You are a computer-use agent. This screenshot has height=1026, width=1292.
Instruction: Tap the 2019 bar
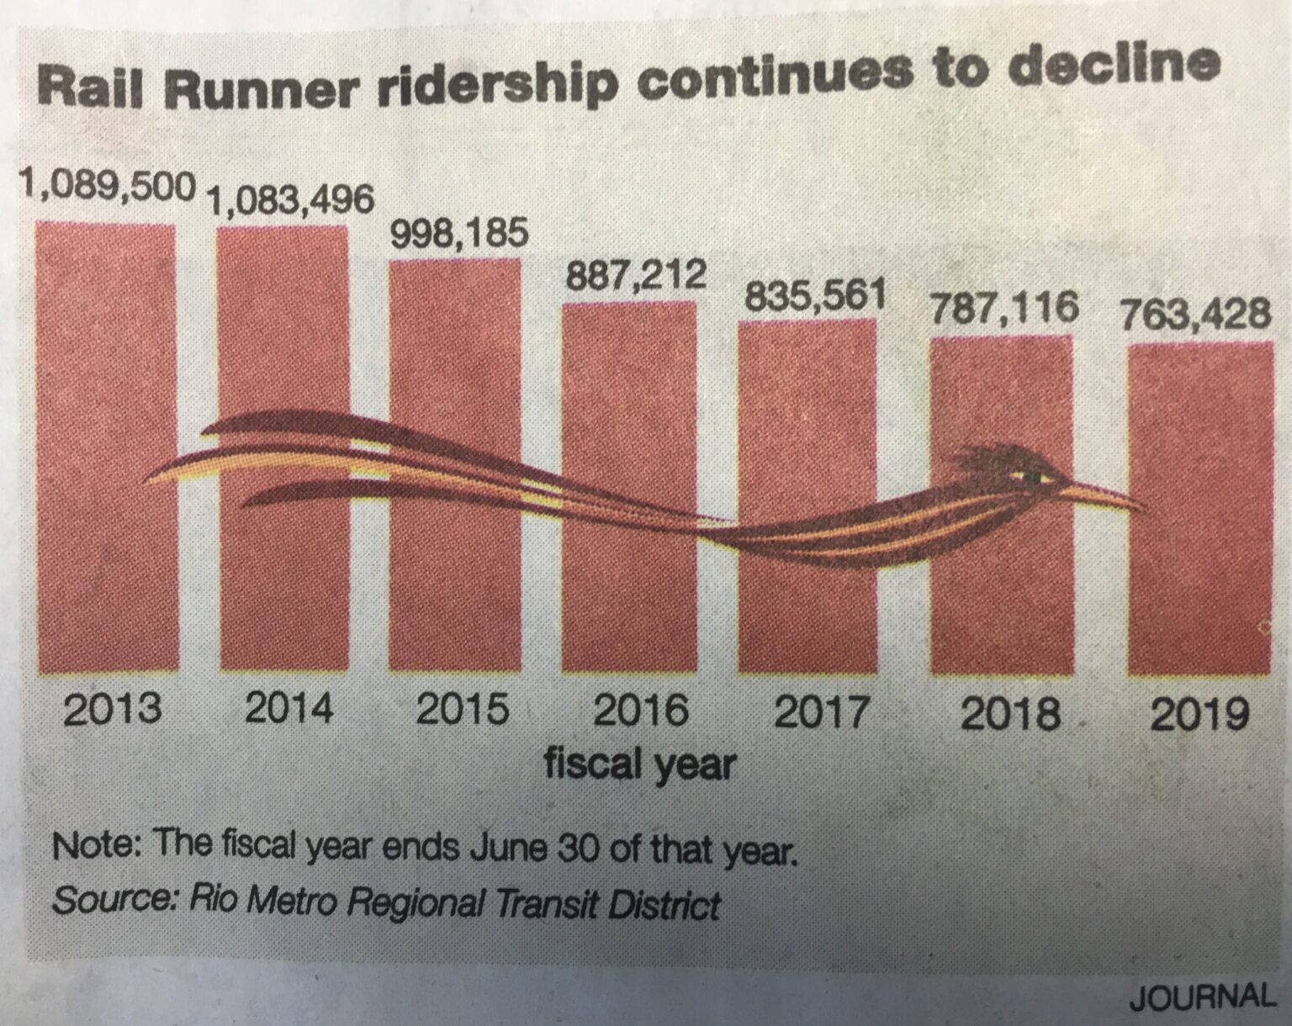[1199, 589]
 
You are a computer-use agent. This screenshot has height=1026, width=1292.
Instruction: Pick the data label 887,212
[635, 276]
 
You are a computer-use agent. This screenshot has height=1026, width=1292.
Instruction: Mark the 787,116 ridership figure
[1003, 309]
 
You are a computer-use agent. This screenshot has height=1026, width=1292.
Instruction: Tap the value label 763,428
[1195, 315]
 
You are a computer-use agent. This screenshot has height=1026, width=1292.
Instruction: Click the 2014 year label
[289, 709]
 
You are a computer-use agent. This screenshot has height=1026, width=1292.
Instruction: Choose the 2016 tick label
[640, 711]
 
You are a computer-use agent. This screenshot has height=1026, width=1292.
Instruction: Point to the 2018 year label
[1009, 714]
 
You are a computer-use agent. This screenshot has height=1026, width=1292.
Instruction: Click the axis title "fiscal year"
[640, 764]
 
